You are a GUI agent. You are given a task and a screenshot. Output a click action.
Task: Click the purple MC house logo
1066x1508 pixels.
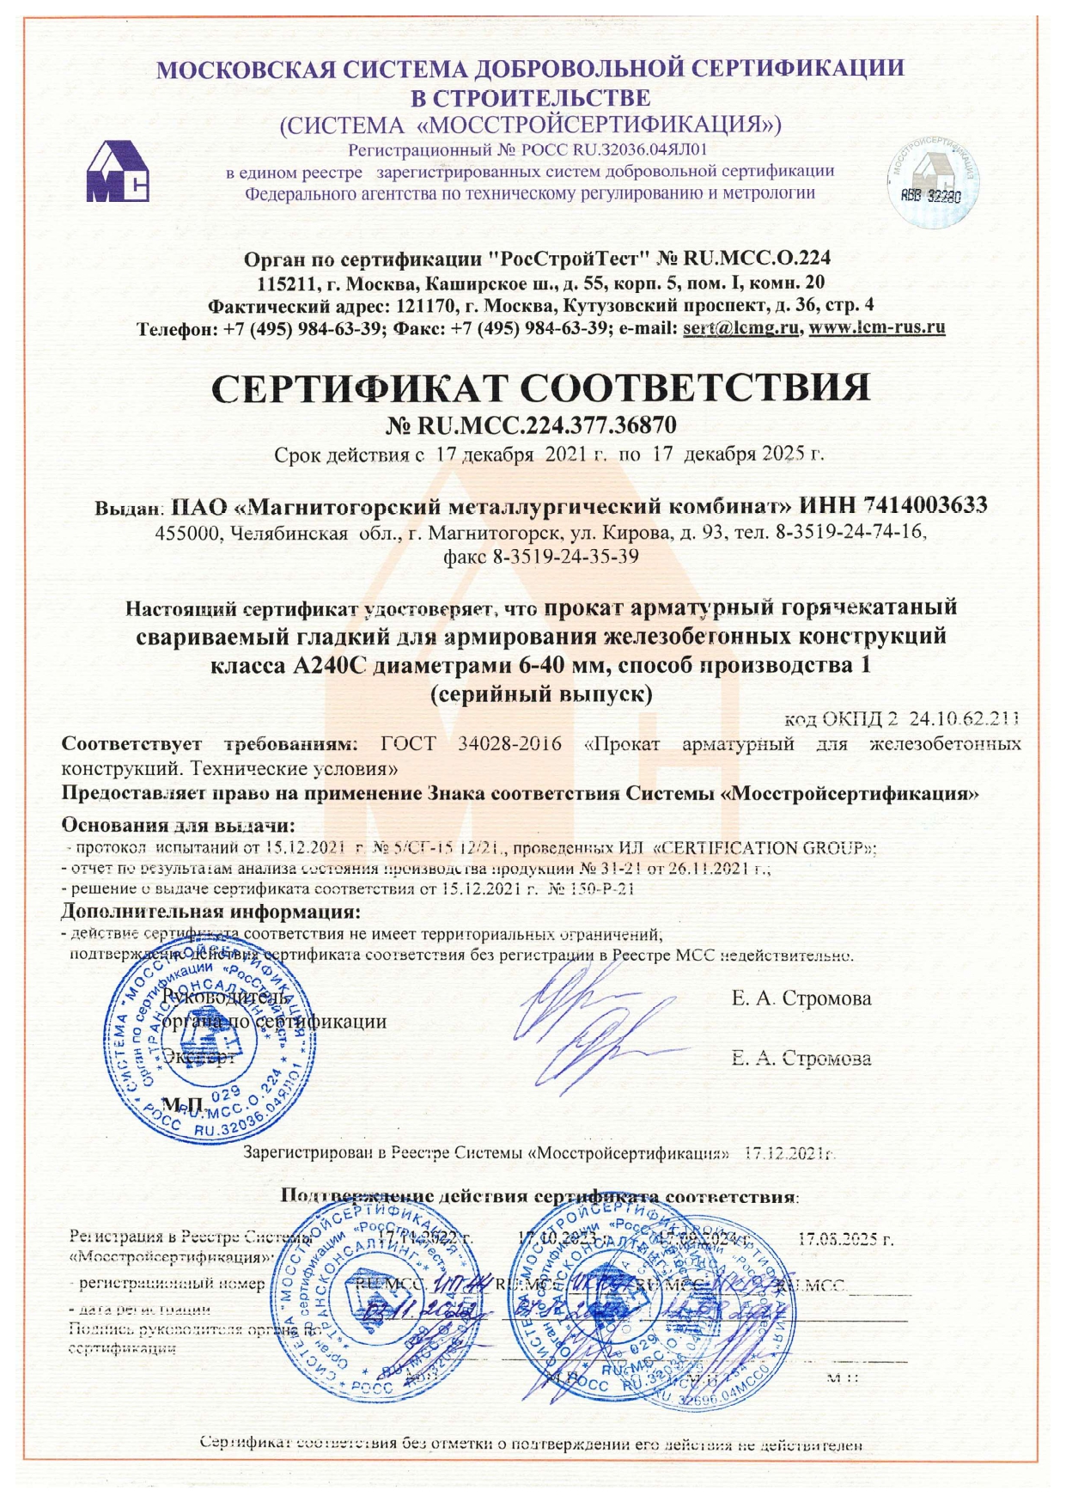[x=117, y=172]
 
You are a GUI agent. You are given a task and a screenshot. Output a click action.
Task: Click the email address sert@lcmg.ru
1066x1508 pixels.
[x=740, y=328]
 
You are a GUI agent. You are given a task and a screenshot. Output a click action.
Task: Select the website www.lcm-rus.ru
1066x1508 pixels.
[x=877, y=328]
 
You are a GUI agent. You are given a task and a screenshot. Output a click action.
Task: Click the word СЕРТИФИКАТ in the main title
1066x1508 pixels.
[x=361, y=388]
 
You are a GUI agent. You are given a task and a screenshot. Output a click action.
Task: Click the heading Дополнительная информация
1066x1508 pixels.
[x=210, y=912]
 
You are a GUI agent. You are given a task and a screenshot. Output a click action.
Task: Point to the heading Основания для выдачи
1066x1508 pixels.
[x=178, y=826]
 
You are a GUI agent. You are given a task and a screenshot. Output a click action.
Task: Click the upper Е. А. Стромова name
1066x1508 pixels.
[x=801, y=998]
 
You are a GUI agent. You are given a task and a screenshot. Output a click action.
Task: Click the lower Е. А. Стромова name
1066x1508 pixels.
[x=801, y=1059]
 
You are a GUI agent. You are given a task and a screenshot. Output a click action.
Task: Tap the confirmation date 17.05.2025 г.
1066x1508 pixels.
[x=845, y=1240]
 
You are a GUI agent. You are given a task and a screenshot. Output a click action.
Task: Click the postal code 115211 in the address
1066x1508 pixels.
[x=284, y=283]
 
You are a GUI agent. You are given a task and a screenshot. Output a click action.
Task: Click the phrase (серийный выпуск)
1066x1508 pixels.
[x=540, y=694]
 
